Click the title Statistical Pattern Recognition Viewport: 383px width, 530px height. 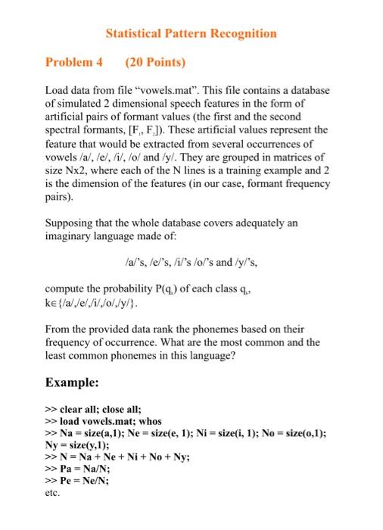click(x=191, y=33)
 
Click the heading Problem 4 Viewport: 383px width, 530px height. click(x=74, y=61)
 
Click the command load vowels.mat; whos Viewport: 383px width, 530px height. click(x=114, y=420)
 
